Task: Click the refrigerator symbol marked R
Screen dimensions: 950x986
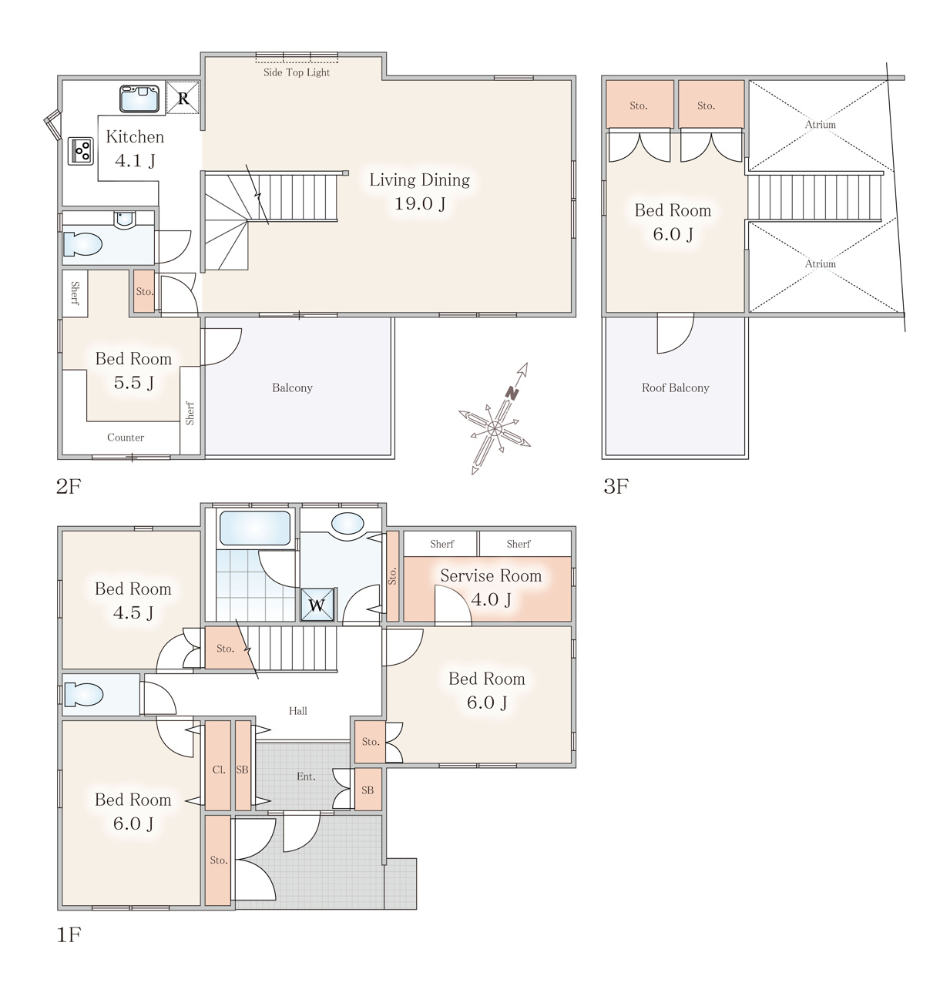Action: pos(183,97)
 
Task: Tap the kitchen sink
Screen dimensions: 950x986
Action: pos(139,99)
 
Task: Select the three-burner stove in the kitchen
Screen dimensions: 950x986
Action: pos(81,151)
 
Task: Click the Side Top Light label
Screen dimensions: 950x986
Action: pos(297,72)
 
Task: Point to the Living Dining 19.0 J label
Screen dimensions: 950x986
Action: pos(419,192)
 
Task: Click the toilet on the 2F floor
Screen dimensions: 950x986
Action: pos(82,245)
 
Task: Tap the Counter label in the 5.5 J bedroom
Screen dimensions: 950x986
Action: pos(126,438)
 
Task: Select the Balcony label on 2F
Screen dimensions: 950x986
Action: pos(292,387)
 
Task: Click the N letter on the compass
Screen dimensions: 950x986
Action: pos(512,393)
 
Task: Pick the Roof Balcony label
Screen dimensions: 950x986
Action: pos(676,387)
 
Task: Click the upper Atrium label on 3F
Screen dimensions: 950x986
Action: pos(821,124)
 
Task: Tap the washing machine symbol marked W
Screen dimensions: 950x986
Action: pos(317,605)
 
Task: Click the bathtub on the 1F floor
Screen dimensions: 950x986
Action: pos(255,528)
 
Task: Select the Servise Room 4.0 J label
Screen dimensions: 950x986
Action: pos(491,587)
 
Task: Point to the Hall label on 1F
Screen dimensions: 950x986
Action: pos(298,711)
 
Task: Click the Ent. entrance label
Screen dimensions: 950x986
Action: pos(306,776)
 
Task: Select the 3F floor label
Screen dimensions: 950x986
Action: pos(616,486)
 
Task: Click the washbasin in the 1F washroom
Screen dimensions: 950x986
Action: pos(347,523)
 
